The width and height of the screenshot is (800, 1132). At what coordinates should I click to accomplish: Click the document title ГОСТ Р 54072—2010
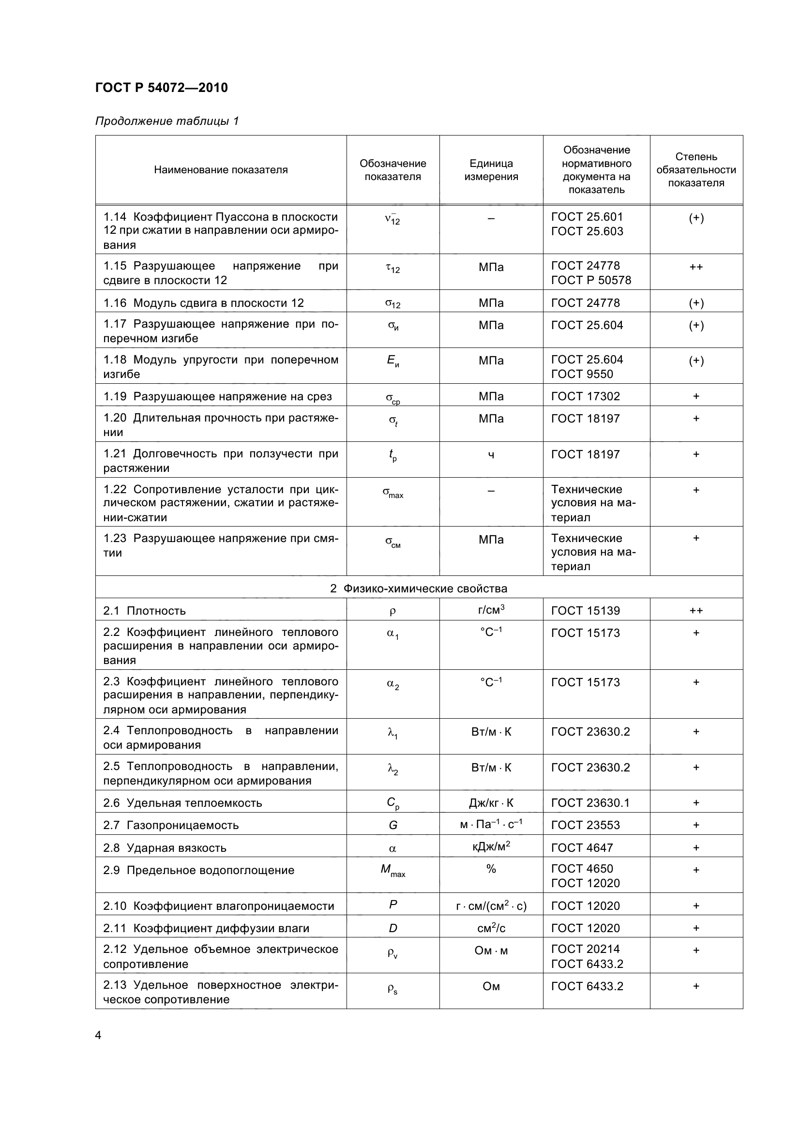tap(161, 88)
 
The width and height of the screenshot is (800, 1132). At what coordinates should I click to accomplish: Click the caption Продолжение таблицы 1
tap(166, 121)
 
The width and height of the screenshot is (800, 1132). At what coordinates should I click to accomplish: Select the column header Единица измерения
tap(491, 170)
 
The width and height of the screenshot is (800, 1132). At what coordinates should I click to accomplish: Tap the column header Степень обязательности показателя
tap(696, 169)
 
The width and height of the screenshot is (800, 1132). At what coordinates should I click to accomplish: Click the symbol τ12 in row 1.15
tap(392, 268)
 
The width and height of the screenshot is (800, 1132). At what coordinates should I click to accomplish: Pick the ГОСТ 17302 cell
tap(585, 396)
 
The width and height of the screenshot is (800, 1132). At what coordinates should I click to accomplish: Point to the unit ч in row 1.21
tap(491, 454)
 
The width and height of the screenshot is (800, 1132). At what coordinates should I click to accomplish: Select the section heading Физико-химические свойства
tap(419, 588)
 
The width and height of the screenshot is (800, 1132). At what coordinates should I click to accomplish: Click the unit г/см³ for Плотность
tap(491, 610)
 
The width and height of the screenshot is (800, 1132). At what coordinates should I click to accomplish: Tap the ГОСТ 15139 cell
tap(585, 610)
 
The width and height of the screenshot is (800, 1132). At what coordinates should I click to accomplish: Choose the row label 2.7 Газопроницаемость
tap(170, 825)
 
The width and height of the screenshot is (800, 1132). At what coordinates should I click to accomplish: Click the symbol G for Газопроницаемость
tap(393, 825)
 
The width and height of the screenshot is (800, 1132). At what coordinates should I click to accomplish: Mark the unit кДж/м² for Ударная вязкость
tap(491, 847)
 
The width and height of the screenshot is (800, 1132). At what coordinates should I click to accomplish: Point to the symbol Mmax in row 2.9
tap(392, 870)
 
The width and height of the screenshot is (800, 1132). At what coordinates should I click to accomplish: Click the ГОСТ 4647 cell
tap(582, 847)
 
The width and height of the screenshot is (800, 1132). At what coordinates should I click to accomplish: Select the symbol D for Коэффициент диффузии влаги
tap(393, 928)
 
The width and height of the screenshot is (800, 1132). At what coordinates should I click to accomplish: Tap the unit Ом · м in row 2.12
tap(491, 950)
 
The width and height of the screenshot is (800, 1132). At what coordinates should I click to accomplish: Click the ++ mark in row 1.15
tap(696, 267)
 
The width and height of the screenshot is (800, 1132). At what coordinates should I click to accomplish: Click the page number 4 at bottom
tap(98, 1035)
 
